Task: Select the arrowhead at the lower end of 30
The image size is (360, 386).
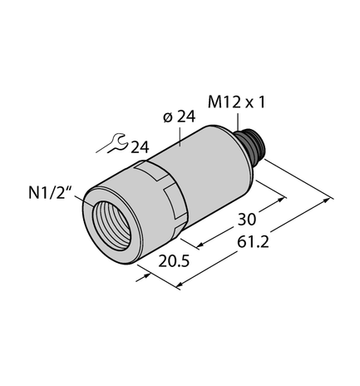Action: [201, 244]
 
